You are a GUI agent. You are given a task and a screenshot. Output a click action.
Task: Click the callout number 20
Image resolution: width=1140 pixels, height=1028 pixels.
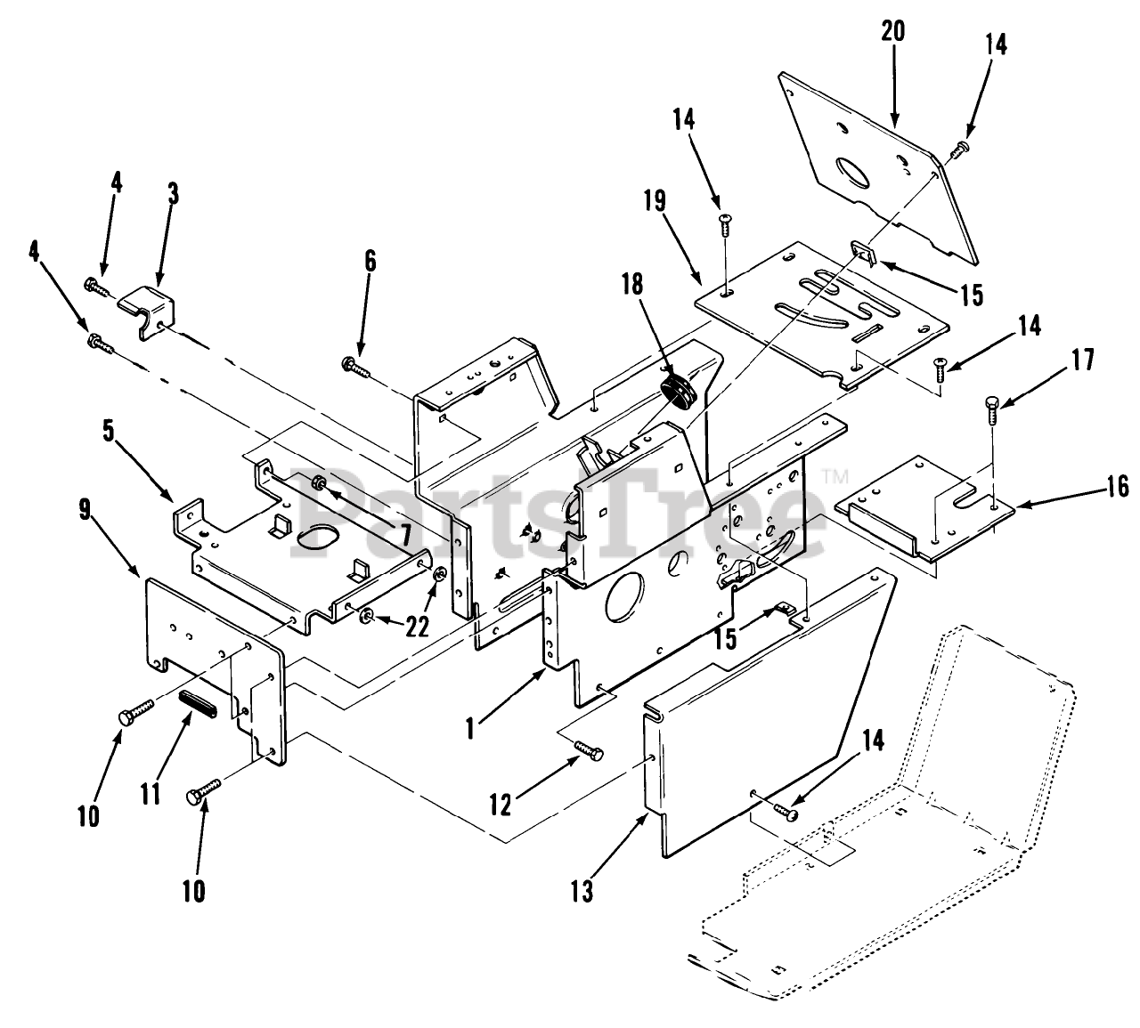(x=892, y=32)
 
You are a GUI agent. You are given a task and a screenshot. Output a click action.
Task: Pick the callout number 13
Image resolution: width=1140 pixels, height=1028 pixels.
(x=582, y=891)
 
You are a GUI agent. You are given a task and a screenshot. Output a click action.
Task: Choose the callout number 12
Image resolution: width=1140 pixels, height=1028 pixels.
(x=501, y=805)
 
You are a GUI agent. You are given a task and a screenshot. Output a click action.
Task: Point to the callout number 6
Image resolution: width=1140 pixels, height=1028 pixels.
(x=370, y=261)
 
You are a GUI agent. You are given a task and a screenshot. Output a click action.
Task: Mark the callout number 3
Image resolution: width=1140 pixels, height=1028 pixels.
(x=172, y=193)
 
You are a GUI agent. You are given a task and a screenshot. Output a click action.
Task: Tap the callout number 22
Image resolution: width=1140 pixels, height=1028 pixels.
(x=416, y=626)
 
